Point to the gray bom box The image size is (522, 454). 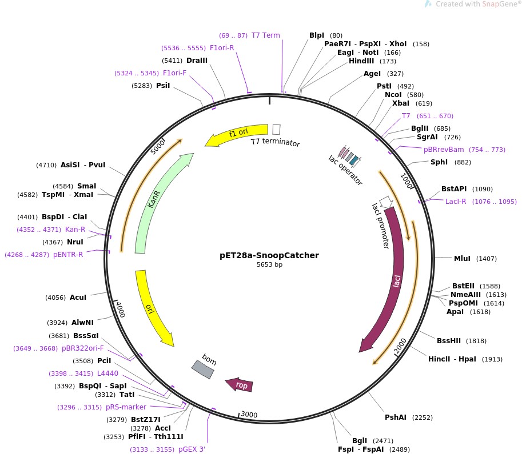pyautogui.click(x=203, y=368)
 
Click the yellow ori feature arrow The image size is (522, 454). pyautogui.click(x=152, y=308)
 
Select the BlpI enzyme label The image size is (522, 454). pyautogui.click(x=317, y=35)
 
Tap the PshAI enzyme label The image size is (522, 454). pyautogui.click(x=395, y=417)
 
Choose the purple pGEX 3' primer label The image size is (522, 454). pyautogui.click(x=192, y=449)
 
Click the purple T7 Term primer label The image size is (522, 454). pyautogui.click(x=266, y=35)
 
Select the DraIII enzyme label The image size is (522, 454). pyautogui.click(x=197, y=61)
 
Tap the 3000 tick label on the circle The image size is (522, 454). pyautogui.click(x=250, y=414)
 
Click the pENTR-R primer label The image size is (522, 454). pyautogui.click(x=68, y=255)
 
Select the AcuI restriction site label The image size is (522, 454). pyautogui.click(x=78, y=298)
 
